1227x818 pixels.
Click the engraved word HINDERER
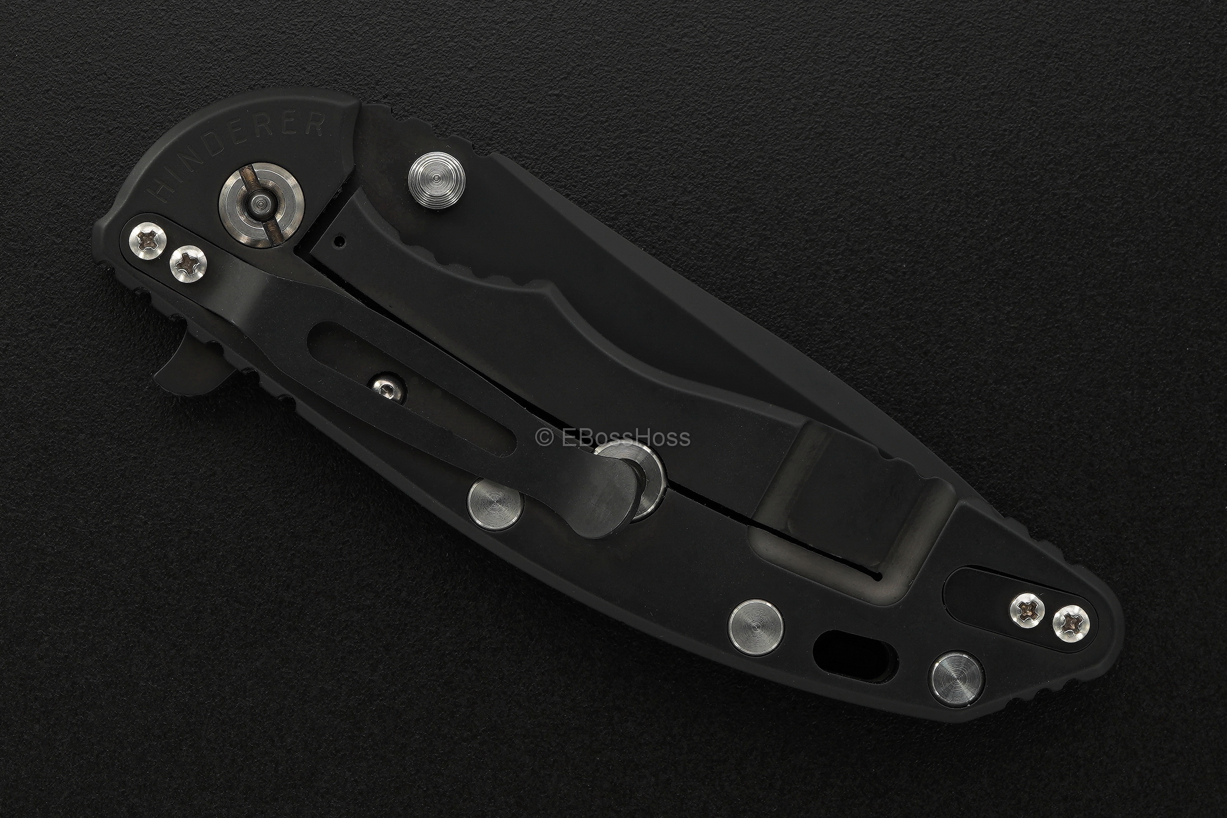[x=237, y=156]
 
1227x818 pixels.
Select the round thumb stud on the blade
[x=436, y=180]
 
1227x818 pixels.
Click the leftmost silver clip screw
[x=148, y=241]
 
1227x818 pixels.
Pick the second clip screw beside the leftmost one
[x=188, y=264]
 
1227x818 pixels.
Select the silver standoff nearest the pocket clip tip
[x=495, y=504]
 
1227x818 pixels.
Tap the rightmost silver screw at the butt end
[x=1071, y=623]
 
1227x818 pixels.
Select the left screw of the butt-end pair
[x=1027, y=609]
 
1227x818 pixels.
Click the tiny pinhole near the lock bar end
[x=340, y=242]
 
